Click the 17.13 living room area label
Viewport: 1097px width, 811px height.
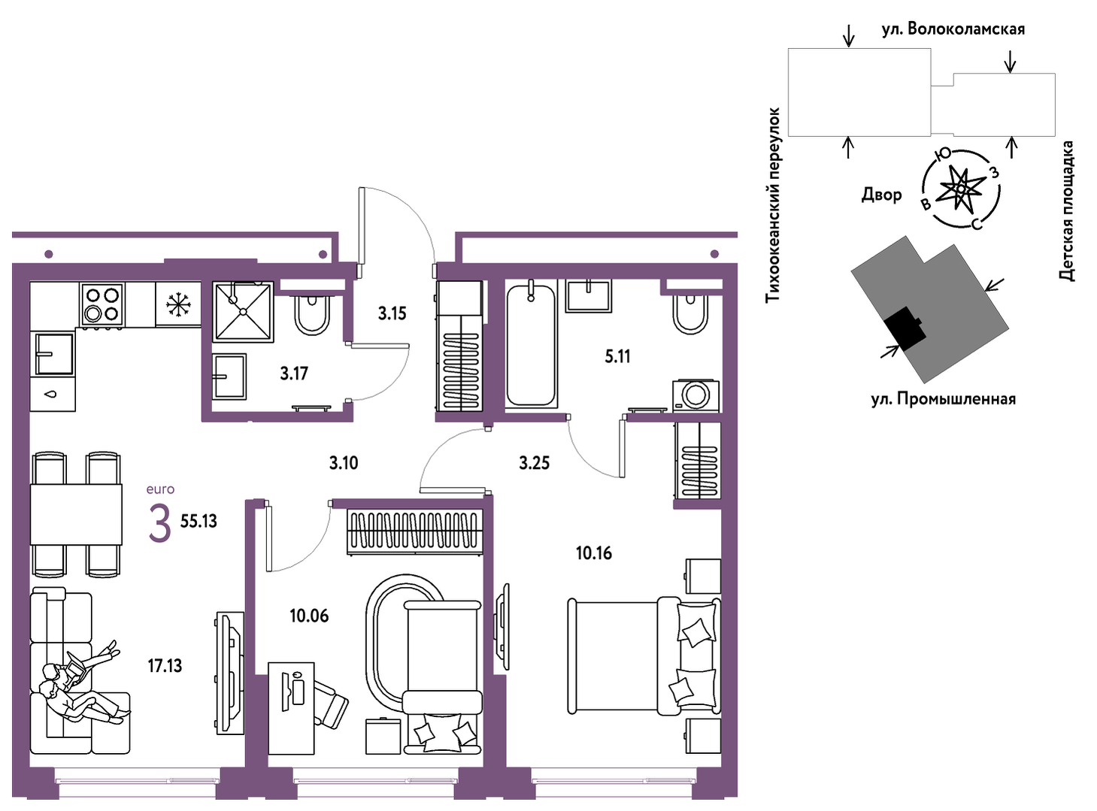point(165,666)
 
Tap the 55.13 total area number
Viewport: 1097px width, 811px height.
point(198,521)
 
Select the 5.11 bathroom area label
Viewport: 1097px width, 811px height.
point(617,356)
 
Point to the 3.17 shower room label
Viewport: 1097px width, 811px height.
point(294,374)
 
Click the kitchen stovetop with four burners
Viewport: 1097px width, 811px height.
point(102,305)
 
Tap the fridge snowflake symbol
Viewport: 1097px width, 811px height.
point(177,304)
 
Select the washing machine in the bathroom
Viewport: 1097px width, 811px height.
point(696,395)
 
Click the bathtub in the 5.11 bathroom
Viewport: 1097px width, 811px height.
point(531,344)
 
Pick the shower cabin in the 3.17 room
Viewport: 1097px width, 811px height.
point(243,311)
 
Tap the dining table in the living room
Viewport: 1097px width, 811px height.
point(76,514)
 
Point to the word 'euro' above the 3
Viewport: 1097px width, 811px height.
point(160,489)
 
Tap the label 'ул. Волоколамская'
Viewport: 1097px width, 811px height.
point(953,29)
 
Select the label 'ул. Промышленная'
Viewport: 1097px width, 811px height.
point(943,399)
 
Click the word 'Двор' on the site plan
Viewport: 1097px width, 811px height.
point(881,195)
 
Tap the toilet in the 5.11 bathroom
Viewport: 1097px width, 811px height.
point(691,313)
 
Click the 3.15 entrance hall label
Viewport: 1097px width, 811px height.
point(392,313)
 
